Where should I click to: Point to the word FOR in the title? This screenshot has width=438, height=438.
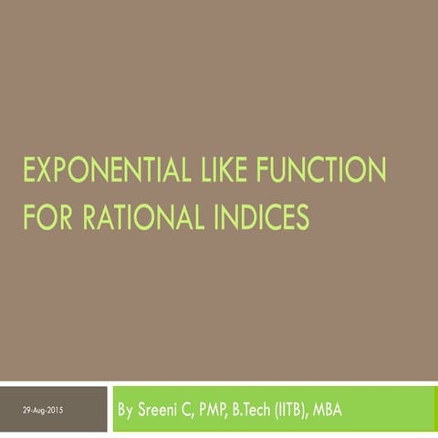(48, 216)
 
